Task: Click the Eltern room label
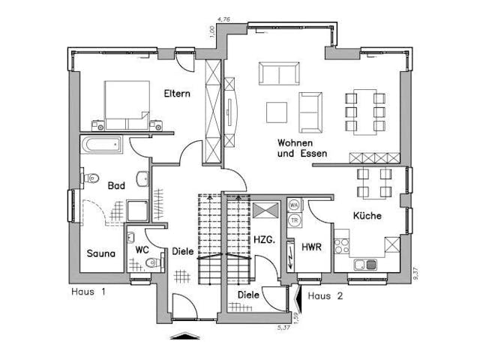pyautogui.click(x=178, y=94)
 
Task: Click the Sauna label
pyautogui.click(x=100, y=253)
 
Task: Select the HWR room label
pyautogui.click(x=311, y=247)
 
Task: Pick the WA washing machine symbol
pyautogui.click(x=295, y=205)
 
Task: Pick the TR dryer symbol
pyautogui.click(x=295, y=219)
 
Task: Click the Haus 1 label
pyautogui.click(x=88, y=290)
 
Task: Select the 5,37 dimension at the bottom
pyautogui.click(x=283, y=328)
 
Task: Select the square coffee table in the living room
pyautogui.click(x=276, y=112)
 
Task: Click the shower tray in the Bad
pyautogui.click(x=138, y=211)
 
